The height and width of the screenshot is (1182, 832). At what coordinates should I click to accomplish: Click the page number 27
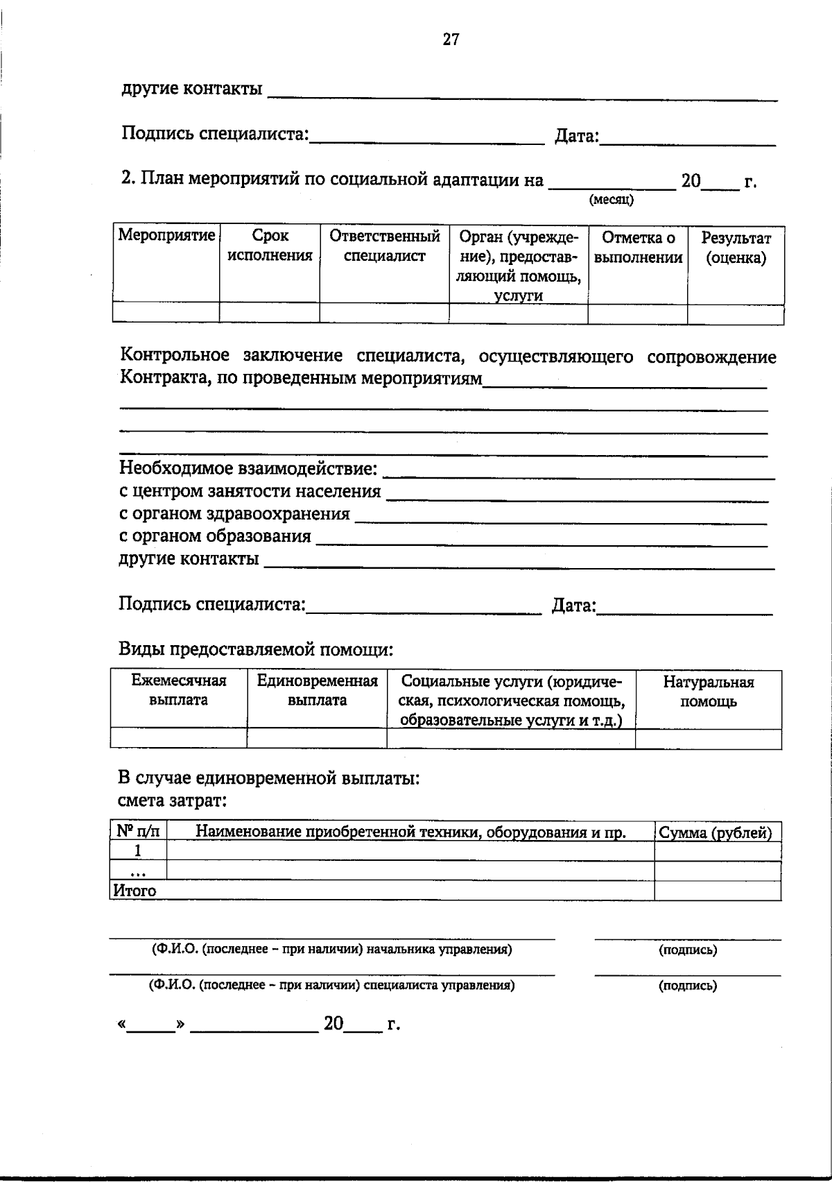point(451,40)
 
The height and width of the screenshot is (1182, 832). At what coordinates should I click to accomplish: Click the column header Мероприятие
point(166,235)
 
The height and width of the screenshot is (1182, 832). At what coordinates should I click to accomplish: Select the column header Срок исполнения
point(270,246)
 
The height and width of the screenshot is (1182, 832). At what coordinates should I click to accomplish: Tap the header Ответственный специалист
point(384,246)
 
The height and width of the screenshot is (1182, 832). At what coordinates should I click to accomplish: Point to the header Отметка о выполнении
point(638,248)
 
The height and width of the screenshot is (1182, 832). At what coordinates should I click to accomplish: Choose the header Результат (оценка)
point(736,248)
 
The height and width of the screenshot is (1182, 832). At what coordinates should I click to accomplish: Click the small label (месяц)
point(611,200)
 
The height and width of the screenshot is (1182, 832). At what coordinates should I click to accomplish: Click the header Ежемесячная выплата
point(179,690)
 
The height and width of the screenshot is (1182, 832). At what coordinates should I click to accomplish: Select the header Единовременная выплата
point(317,690)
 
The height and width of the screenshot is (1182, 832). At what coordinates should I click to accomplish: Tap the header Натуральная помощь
point(708,692)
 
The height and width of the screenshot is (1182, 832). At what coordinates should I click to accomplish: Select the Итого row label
point(135,891)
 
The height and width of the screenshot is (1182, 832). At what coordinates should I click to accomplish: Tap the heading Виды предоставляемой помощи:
point(256,650)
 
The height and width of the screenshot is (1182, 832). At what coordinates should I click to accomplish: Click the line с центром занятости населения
point(250,492)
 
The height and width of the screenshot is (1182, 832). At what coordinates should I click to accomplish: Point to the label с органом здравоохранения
point(234,514)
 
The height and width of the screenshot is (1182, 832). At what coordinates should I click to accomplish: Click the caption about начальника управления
point(332,950)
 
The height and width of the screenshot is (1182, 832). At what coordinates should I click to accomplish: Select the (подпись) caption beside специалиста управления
point(687,985)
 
